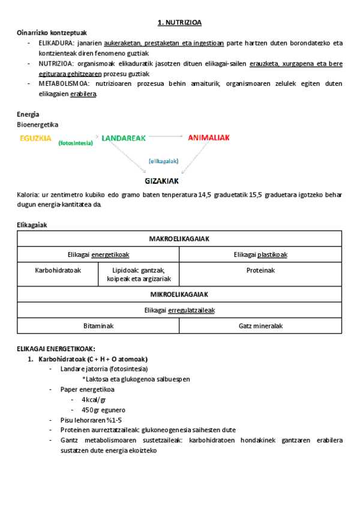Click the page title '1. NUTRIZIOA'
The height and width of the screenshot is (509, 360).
coord(179,22)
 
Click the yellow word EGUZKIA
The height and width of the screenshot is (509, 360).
coord(35,138)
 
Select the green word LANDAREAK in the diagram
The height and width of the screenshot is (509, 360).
coord(124,138)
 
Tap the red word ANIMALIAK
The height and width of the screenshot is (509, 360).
coord(209,138)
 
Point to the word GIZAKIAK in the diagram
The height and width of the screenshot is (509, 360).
coord(161,180)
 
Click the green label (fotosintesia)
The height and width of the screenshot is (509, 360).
coord(76,143)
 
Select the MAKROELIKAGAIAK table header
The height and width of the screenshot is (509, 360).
coord(179,238)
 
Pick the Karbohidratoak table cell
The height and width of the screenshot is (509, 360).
coord(58,270)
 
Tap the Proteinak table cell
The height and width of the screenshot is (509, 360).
coord(260,270)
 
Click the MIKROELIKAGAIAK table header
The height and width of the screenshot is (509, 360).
coord(179,294)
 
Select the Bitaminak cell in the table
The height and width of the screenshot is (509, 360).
coord(98,326)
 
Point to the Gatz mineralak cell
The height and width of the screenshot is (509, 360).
coord(260,326)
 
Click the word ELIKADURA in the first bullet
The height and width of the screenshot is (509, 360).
coord(53,43)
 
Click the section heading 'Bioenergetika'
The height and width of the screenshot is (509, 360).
coord(38,124)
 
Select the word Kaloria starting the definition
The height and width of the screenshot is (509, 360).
coord(28,195)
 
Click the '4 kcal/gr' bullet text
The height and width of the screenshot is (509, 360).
coord(94,400)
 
